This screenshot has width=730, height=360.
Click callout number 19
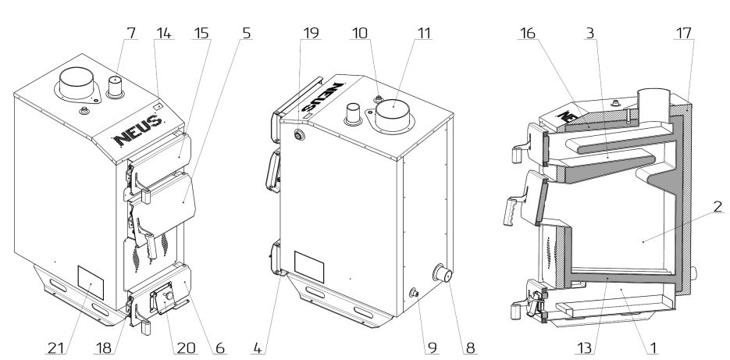[310, 37]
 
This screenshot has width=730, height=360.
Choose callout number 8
[471, 344]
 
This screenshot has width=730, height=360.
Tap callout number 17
[684, 37]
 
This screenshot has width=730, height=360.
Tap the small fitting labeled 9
[413, 293]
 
